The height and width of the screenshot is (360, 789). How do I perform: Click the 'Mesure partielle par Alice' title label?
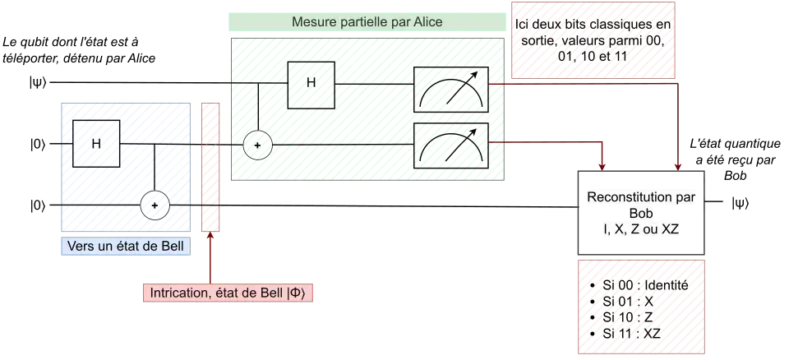[367, 21]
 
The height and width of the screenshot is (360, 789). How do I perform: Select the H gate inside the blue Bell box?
[98, 144]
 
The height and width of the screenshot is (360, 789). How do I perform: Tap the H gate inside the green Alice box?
[310, 82]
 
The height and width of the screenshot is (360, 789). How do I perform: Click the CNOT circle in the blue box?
[154, 205]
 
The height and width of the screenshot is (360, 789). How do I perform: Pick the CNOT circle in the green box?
[257, 145]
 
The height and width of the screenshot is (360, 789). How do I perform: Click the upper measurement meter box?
[451, 90]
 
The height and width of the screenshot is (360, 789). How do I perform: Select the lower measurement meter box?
[451, 145]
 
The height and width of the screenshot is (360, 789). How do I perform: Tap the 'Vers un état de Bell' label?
[127, 247]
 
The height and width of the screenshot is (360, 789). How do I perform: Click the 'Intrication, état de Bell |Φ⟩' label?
[227, 293]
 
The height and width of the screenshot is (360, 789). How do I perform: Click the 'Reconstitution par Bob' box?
[641, 213]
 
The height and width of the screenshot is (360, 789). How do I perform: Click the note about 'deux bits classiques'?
[593, 39]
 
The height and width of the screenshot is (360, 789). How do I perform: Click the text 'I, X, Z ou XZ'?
[641, 229]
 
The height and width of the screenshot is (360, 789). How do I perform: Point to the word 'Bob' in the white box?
[641, 214]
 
